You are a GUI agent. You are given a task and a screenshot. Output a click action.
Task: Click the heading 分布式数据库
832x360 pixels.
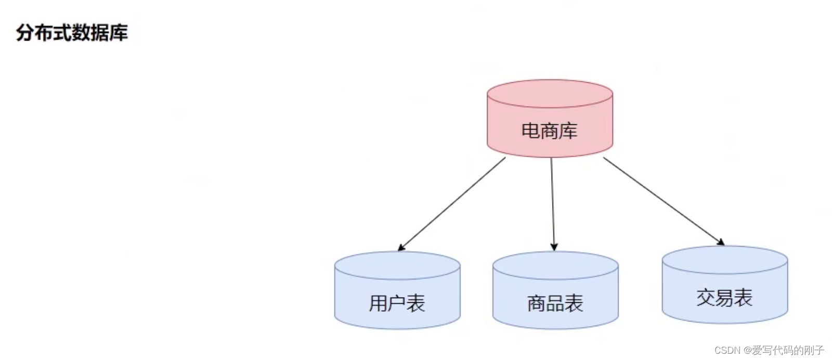click(x=72, y=33)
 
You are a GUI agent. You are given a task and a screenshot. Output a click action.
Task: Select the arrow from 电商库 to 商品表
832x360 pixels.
click(x=552, y=203)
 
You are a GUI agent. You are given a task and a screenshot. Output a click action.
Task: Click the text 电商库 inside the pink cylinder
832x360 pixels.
click(x=549, y=131)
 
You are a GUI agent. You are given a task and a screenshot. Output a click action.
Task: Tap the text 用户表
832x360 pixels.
click(x=397, y=303)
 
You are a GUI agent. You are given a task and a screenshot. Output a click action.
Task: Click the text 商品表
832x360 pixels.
click(x=555, y=303)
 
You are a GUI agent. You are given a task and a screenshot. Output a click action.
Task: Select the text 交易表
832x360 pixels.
click(x=725, y=298)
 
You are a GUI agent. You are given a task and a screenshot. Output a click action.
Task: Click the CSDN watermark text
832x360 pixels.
click(x=769, y=350)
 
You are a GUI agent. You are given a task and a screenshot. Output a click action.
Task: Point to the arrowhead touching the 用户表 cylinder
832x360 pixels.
click(x=401, y=248)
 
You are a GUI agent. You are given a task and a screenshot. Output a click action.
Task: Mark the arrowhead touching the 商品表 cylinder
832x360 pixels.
click(x=554, y=247)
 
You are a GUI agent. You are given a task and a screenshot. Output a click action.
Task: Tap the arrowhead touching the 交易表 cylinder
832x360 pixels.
click(x=721, y=242)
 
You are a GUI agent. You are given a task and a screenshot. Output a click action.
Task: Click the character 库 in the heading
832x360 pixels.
click(x=119, y=33)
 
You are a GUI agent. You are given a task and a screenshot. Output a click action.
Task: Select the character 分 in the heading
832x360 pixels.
click(x=25, y=33)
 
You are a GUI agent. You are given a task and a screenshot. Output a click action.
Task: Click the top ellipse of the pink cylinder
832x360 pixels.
click(x=550, y=94)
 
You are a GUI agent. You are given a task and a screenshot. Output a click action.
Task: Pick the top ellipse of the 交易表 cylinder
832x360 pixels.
click(x=725, y=259)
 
